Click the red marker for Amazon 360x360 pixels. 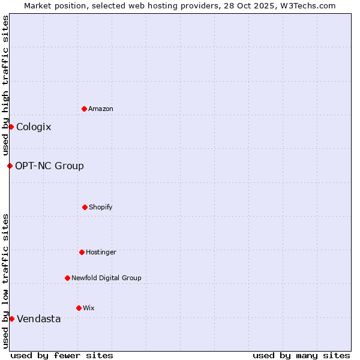pyautogui.click(x=84, y=109)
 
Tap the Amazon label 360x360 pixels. pyautogui.click(x=101, y=109)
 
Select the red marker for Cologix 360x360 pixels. pyautogui.click(x=11, y=127)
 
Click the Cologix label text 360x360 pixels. pyautogui.click(x=34, y=127)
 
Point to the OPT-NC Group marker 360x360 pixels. pyautogui.click(x=10, y=166)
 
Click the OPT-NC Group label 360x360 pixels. pyautogui.click(x=49, y=166)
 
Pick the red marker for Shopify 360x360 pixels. pyautogui.click(x=85, y=207)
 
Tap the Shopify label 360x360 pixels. pyautogui.click(x=101, y=208)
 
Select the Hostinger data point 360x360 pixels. pyautogui.click(x=82, y=252)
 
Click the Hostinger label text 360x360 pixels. pyautogui.click(x=101, y=253)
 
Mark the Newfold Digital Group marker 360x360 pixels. pyautogui.click(x=67, y=278)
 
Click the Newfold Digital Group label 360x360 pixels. pyautogui.click(x=106, y=278)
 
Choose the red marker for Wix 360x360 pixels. pyautogui.click(x=79, y=308)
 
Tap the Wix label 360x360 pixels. pyautogui.click(x=89, y=308)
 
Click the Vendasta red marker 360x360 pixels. pyautogui.click(x=11, y=319)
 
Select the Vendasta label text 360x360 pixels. pyautogui.click(x=38, y=319)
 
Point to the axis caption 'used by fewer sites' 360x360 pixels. pyautogui.click(x=62, y=355)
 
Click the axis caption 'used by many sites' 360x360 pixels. pyautogui.click(x=301, y=355)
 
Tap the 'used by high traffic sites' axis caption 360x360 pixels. pyautogui.click(x=5, y=85)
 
